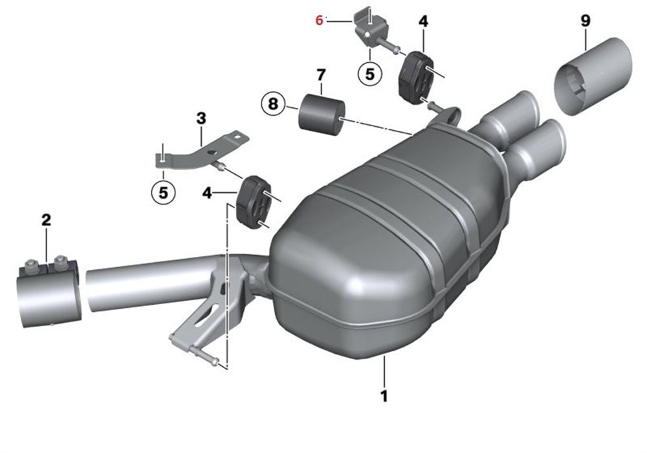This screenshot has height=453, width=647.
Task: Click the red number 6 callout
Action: point(319,20)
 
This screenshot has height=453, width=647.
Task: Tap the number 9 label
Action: point(586,20)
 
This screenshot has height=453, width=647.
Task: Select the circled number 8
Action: point(273,104)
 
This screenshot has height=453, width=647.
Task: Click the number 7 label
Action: point(321,75)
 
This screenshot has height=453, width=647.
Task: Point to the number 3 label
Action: point(201,119)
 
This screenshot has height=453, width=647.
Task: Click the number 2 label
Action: point(46,219)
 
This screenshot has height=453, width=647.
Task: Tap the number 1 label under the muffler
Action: point(384,396)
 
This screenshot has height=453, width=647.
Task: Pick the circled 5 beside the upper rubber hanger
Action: point(370,74)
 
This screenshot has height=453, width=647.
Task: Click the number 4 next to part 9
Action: point(423,22)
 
